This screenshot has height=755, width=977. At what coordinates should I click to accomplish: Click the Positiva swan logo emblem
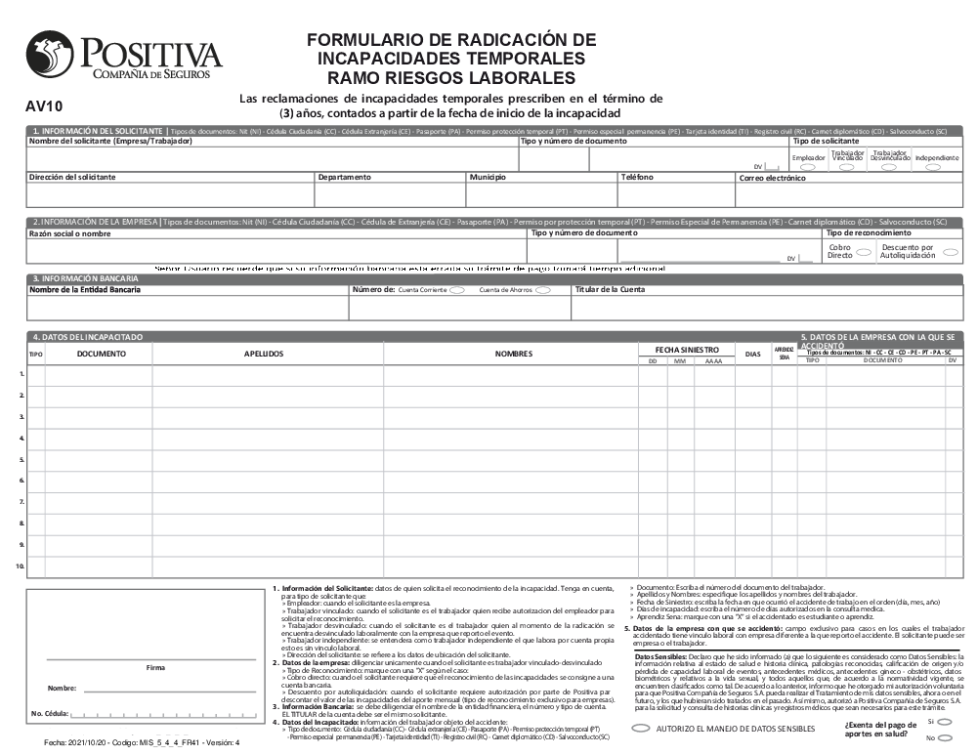coord(49,55)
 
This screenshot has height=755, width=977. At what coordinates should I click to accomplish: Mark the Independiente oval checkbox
coord(934,167)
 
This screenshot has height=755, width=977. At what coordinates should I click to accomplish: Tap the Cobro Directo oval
coord(864,251)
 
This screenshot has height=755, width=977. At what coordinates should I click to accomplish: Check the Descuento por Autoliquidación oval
coord(950,251)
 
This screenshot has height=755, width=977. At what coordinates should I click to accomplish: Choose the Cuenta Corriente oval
coord(456,290)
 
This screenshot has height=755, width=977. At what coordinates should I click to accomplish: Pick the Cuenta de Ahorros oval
coord(542,290)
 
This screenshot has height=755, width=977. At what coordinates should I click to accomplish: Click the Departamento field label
coord(345,178)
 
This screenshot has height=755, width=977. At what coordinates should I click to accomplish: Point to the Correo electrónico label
coord(773,179)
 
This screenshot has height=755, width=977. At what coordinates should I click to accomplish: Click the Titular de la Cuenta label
coord(610,289)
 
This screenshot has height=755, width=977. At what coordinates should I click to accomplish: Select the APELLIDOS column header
coord(264,354)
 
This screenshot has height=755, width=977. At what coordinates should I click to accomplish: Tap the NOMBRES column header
coord(513,354)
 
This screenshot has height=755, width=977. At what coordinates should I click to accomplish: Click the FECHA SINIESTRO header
coord(685,349)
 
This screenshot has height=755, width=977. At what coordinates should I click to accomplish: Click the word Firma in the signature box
coord(154,667)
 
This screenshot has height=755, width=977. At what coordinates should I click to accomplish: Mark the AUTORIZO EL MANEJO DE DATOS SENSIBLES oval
coord(641,729)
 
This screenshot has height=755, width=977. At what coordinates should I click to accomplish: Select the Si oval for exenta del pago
coord(945,721)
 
